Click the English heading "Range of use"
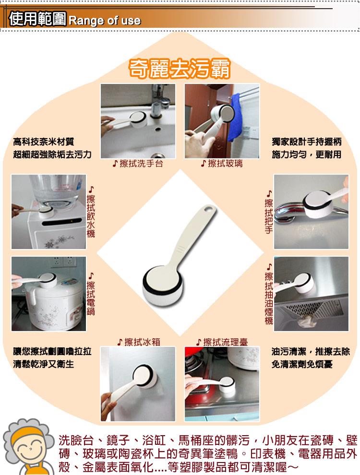point(105,21)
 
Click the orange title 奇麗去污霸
point(180,69)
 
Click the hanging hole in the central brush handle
point(209,209)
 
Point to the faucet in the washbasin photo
point(158,100)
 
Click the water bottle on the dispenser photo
point(56,189)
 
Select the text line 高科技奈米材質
point(43,142)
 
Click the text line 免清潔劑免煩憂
point(302,364)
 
